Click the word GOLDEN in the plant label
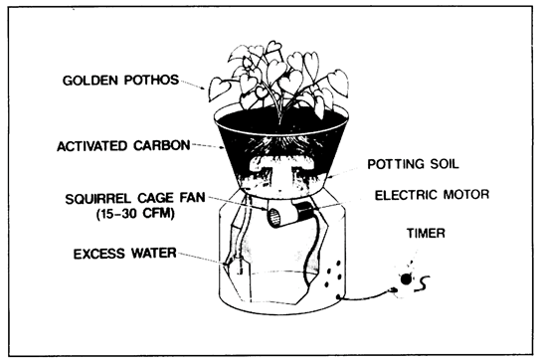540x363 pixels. pyautogui.click(x=90, y=81)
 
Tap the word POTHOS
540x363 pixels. pyautogui.click(x=151, y=80)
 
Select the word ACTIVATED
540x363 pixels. pyautogui.click(x=92, y=146)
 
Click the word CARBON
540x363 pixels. pyautogui.click(x=162, y=145)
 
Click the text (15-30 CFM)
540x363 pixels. pyautogui.click(x=135, y=214)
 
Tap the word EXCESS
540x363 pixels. pyautogui.click(x=99, y=254)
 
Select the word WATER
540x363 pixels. pyautogui.click(x=153, y=254)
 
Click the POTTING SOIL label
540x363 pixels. pyautogui.click(x=414, y=164)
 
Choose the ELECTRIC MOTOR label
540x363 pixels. pyautogui.click(x=432, y=195)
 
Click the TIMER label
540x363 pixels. pyautogui.click(x=426, y=233)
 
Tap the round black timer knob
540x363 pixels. pyautogui.click(x=406, y=279)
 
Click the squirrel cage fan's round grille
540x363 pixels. pyautogui.click(x=274, y=218)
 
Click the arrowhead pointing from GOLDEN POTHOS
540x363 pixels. pyautogui.click(x=204, y=88)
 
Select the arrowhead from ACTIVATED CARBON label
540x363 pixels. pyautogui.click(x=222, y=148)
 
